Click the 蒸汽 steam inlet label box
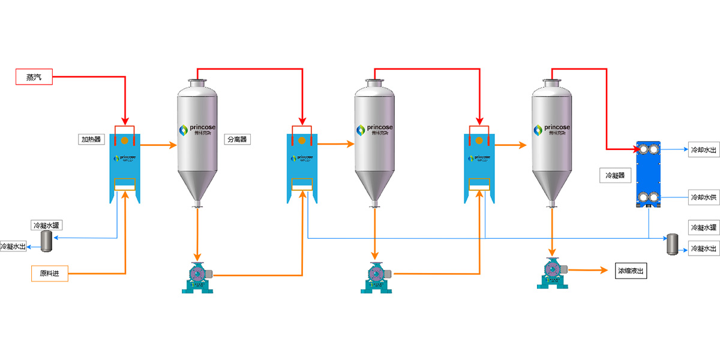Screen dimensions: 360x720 click(x=34, y=77)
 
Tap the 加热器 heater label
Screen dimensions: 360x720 click(x=91, y=140)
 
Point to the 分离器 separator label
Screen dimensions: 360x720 click(x=237, y=140)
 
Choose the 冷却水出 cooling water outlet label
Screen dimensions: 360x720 click(x=704, y=149)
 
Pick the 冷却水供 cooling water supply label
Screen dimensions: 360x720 click(x=704, y=197)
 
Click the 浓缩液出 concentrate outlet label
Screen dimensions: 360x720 click(x=632, y=271)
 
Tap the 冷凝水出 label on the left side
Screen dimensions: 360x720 click(x=13, y=247)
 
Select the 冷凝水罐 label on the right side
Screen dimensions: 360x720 click(x=704, y=227)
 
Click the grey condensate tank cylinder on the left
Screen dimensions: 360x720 click(x=46, y=239)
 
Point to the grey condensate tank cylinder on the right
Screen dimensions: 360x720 click(x=673, y=244)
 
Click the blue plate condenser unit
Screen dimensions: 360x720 click(x=649, y=175)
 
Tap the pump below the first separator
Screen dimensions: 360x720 click(x=198, y=278)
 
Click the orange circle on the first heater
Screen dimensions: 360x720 click(x=125, y=140)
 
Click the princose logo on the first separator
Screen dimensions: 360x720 click(x=197, y=130)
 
